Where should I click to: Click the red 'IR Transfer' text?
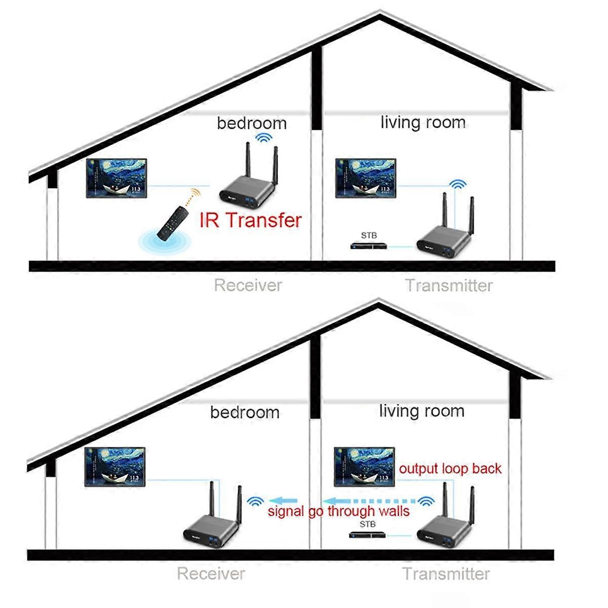click(250, 220)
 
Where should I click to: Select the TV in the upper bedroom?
click(117, 178)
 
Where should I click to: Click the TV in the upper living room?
click(366, 178)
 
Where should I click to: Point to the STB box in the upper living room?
click(370, 246)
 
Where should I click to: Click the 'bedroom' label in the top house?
click(251, 123)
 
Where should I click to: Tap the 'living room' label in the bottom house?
click(422, 411)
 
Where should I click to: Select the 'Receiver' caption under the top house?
click(247, 285)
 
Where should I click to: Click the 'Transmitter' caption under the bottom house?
click(446, 574)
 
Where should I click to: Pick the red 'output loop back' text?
click(450, 469)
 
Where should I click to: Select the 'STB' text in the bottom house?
click(367, 524)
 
